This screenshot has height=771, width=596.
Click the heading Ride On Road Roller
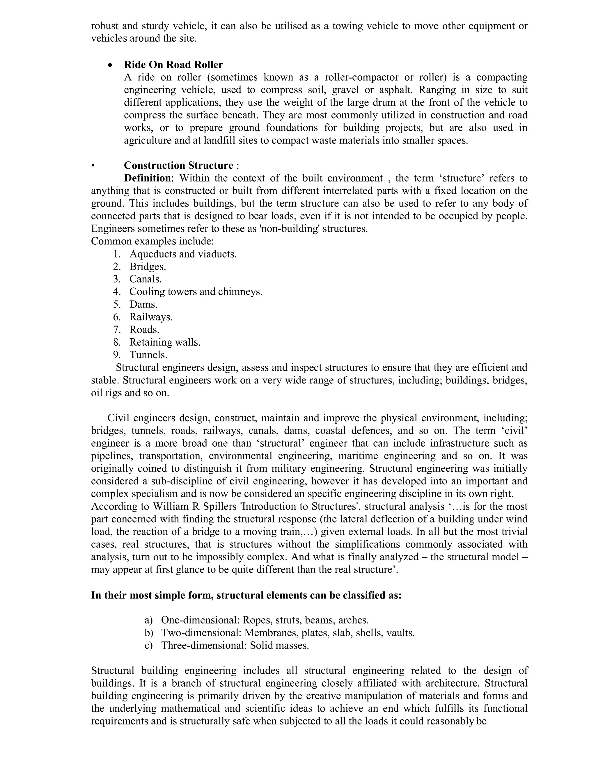pos(173,65)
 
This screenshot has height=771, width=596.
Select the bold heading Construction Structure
pos(178,166)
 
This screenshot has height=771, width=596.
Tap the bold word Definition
pos(147,178)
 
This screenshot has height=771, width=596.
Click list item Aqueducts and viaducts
pos(183,254)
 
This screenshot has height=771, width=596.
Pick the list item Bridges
pos(148,267)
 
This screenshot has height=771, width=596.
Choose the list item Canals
pos(146,279)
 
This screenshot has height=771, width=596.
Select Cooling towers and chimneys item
pos(196,292)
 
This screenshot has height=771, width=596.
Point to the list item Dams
pos(143,304)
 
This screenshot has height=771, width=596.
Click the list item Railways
pos(151,317)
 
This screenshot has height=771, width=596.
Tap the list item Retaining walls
pos(165,342)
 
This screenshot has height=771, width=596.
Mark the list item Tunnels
pos(148,355)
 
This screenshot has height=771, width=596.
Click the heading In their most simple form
pos(246,595)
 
